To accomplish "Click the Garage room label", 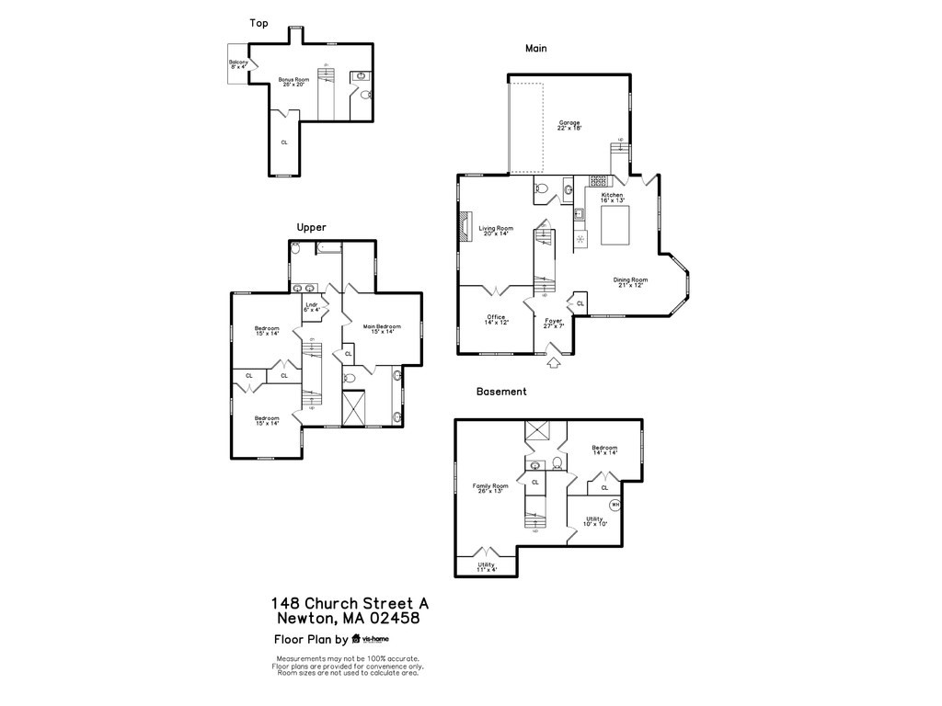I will [x=569, y=125].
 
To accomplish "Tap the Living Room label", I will [x=496, y=231].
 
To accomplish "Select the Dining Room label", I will [x=631, y=282].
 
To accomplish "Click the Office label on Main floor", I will [x=496, y=320].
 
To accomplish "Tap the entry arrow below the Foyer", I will [x=553, y=363].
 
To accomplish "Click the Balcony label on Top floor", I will [x=238, y=64].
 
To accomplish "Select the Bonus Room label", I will [x=293, y=82].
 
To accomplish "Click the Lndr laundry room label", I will [x=312, y=307].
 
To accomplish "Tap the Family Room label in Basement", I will [x=490, y=488].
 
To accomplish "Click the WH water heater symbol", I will [x=615, y=504].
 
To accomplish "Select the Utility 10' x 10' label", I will [x=594, y=521].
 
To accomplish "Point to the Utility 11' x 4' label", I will [x=486, y=567].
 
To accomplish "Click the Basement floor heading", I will [x=501, y=392].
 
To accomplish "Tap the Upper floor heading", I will [x=311, y=227].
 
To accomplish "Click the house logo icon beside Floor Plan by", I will [x=355, y=639].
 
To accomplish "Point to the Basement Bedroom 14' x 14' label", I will [x=604, y=450].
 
